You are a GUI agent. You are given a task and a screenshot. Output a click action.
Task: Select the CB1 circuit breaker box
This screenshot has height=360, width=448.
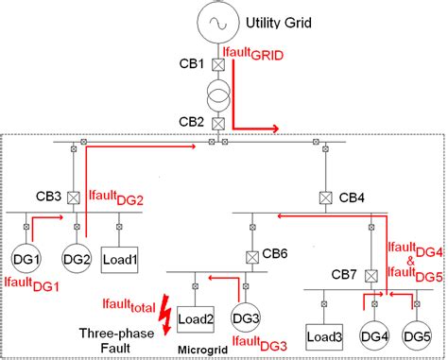(216, 66)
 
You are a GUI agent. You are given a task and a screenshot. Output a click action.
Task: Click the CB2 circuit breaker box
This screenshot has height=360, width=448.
(216, 124)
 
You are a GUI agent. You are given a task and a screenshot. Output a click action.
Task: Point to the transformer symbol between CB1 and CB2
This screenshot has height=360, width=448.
(216, 94)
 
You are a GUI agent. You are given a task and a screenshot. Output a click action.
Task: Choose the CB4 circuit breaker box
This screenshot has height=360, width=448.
(324, 197)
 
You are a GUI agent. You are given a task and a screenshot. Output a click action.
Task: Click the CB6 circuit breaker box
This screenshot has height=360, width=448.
(252, 256)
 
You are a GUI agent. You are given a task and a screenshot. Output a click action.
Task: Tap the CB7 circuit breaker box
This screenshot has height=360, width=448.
(371, 276)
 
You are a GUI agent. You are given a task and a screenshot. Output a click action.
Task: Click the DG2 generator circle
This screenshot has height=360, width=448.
(76, 257)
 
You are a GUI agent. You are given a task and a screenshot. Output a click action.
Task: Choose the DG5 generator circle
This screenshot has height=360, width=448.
(415, 335)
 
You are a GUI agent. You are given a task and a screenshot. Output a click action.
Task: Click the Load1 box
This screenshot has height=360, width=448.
(119, 257)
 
